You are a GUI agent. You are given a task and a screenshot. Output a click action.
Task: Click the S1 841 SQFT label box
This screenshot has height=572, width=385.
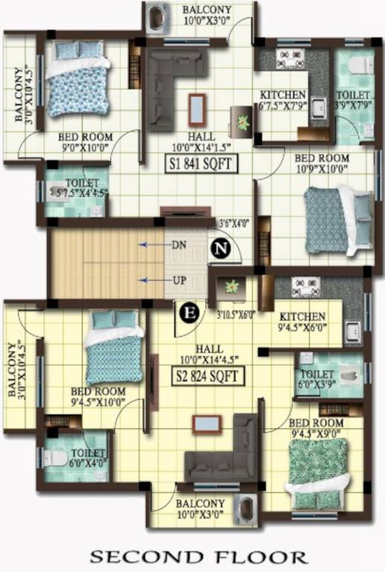202,164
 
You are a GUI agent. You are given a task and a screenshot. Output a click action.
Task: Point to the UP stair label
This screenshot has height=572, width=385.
179,280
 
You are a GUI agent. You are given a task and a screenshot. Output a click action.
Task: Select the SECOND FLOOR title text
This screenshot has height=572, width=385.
198,556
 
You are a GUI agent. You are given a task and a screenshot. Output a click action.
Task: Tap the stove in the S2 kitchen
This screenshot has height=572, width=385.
305,287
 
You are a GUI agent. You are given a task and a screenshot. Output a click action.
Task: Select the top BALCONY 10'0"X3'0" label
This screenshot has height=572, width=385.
207,14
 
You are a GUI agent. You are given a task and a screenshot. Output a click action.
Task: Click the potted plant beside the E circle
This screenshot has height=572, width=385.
233,287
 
